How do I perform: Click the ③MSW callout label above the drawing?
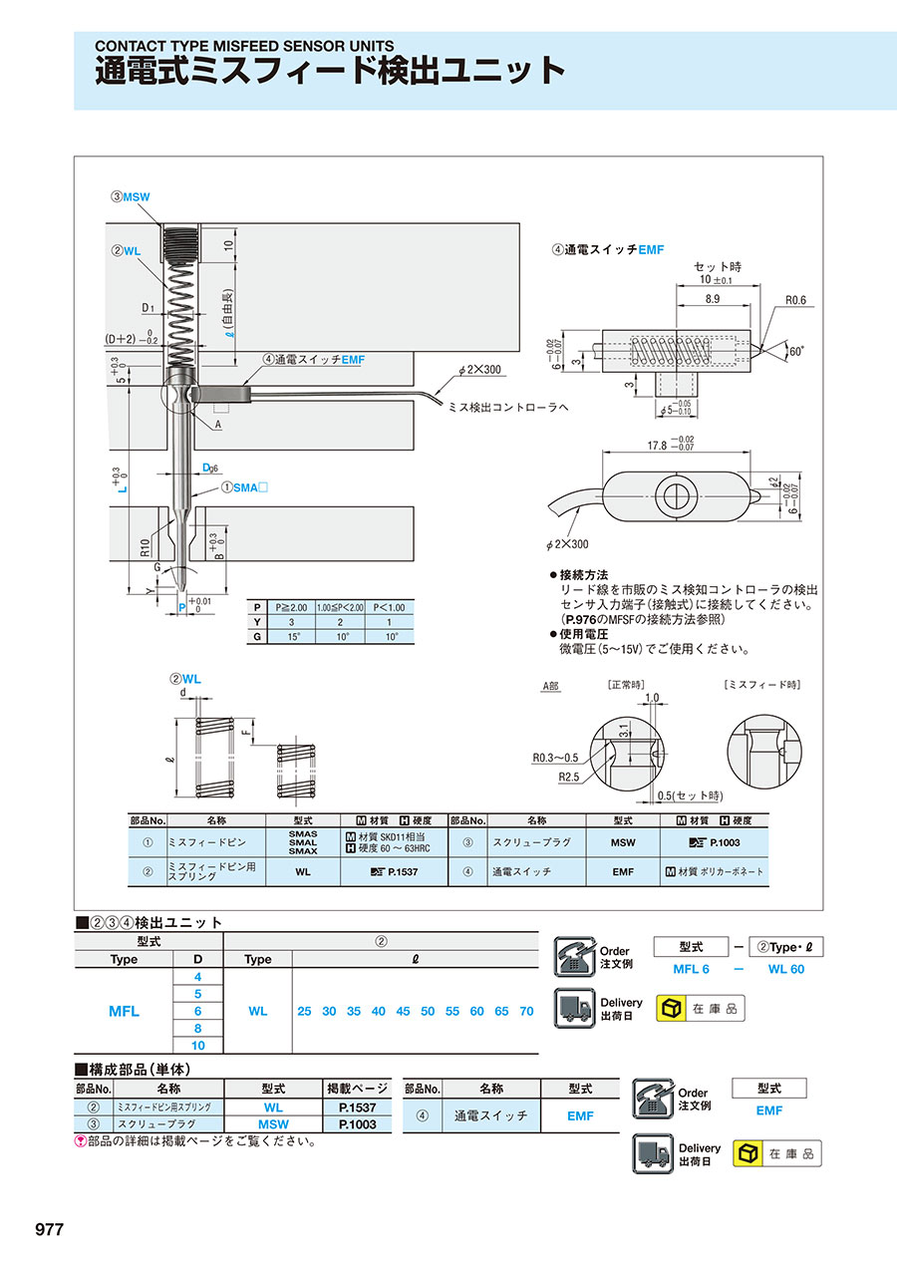[x=130, y=197]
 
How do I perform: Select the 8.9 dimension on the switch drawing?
[x=714, y=299]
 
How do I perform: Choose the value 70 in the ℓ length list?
[x=526, y=1011]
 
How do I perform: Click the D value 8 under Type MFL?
[x=197, y=1028]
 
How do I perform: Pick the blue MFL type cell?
[x=124, y=1011]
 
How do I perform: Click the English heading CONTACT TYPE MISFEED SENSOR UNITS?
[x=244, y=46]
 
